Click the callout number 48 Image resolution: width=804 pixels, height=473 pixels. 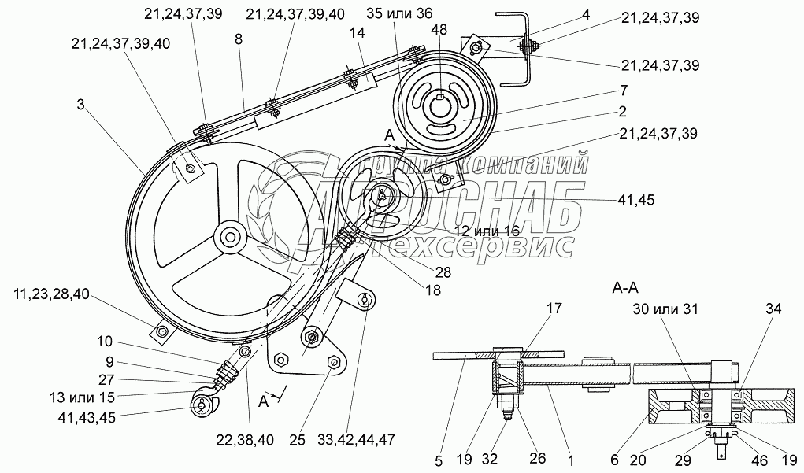tap(439, 30)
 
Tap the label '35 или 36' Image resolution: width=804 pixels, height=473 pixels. tap(400, 13)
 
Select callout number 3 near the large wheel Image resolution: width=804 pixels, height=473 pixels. tap(80, 105)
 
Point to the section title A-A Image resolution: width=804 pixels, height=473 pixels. tap(625, 289)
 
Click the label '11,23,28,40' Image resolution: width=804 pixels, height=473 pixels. tap(52, 294)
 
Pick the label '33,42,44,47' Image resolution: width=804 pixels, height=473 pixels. tap(356, 440)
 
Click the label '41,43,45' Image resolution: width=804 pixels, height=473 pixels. tap(86, 418)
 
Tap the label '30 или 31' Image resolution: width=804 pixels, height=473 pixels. tap(665, 309)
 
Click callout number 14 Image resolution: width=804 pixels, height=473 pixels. tap(358, 33)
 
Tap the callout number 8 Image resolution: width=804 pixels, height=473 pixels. tap(239, 39)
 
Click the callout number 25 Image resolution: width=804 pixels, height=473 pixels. tap(298, 440)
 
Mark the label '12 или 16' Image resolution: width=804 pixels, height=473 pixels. tap(487, 230)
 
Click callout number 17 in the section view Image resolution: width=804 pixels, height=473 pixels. tap(555, 309)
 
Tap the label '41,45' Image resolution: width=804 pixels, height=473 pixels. tap(636, 200)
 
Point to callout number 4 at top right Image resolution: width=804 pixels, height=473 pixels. tap(586, 14)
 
